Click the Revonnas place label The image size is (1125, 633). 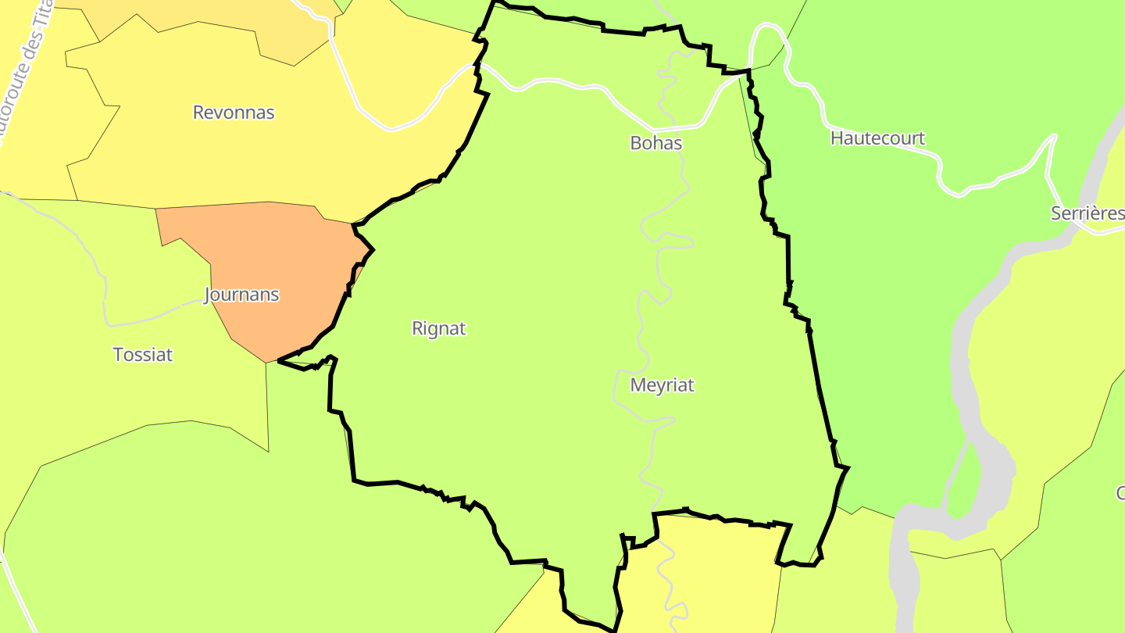234,113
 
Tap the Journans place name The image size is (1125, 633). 241,295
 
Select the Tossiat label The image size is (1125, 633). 143,355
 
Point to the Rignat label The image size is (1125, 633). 439,329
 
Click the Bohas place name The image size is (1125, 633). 656,144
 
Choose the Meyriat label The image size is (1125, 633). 662,385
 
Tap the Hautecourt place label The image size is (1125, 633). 877,138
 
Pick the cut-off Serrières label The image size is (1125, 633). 1087,213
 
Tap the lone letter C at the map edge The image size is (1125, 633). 1120,493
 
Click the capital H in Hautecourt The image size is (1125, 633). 837,138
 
